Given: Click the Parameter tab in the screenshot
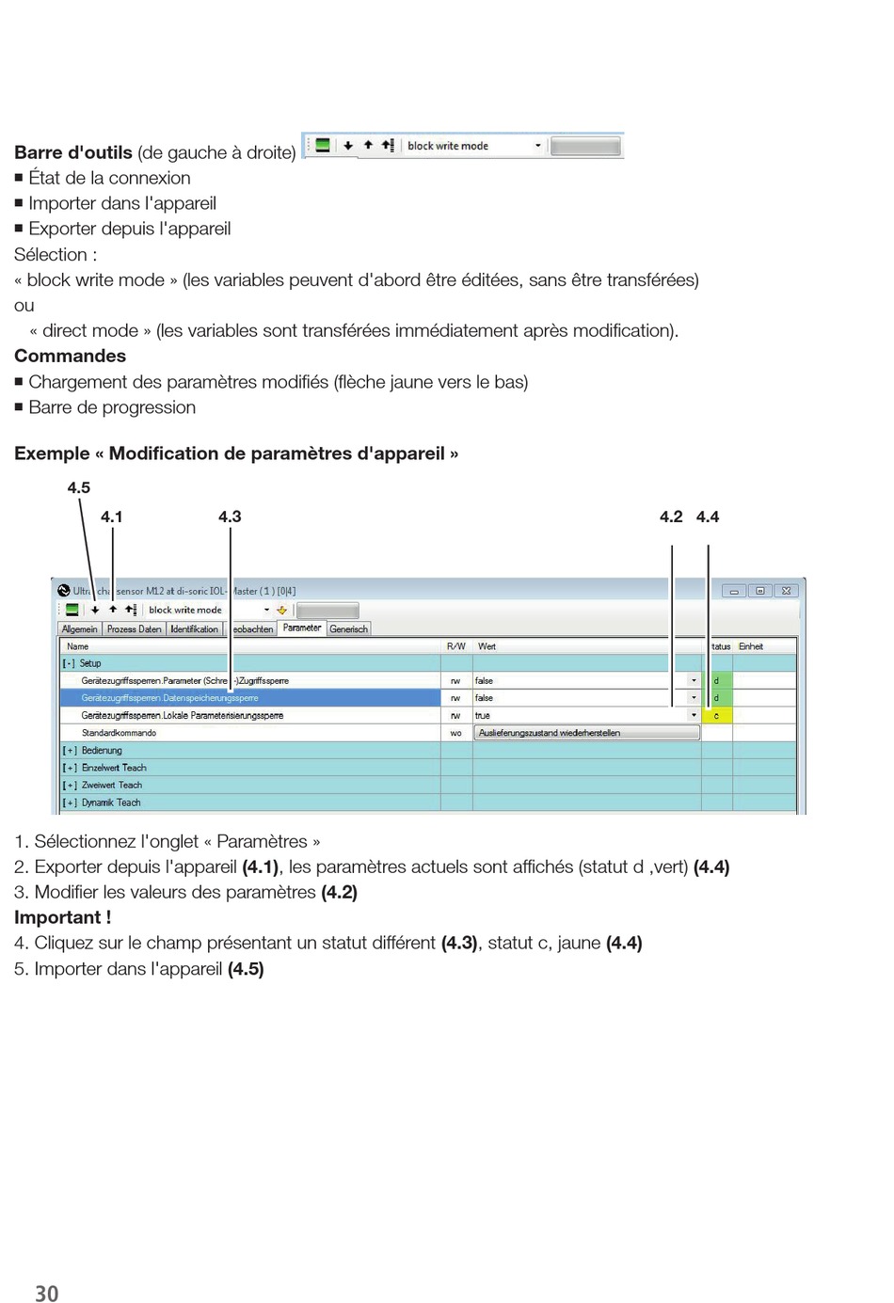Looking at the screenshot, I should point(302,628).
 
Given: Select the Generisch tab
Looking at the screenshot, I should point(348,628).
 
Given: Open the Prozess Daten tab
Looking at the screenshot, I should point(134,628).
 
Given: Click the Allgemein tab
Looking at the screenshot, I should point(80,628).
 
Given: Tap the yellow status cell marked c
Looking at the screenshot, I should point(716,715).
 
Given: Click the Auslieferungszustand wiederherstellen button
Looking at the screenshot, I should point(586,733).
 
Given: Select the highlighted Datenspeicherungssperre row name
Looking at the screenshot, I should point(169,698).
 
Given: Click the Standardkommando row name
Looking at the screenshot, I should point(119,733).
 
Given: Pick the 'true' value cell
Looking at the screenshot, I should point(483,715).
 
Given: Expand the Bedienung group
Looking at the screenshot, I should point(69,751).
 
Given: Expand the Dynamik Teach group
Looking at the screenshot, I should point(69,802).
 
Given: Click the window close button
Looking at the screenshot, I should point(787,591).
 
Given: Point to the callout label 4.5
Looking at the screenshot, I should point(79,487).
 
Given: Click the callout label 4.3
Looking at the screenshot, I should point(230,516).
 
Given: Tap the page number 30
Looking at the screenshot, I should point(46,1294).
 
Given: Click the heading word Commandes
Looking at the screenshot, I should point(70,356).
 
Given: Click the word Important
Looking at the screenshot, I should point(58,917).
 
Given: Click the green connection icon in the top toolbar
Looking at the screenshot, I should point(323,146).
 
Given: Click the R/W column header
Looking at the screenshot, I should point(455,646).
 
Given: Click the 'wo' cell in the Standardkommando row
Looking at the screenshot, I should point(455,733).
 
